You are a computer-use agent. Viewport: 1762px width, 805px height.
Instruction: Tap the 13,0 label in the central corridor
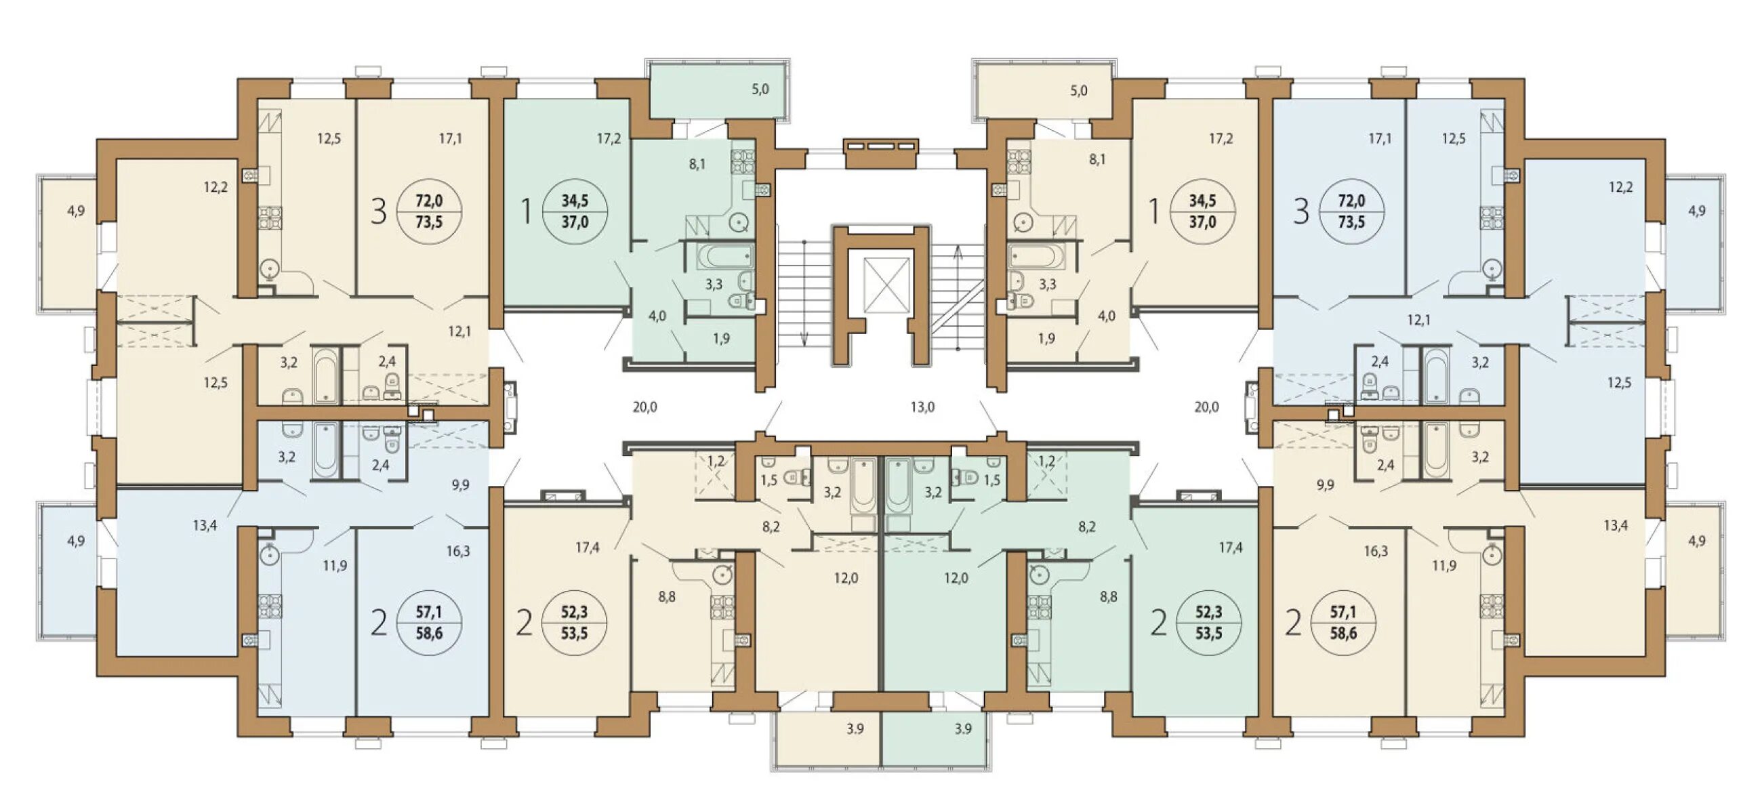pyautogui.click(x=922, y=408)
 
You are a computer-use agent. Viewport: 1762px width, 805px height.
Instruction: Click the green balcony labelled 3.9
pyautogui.click(x=936, y=739)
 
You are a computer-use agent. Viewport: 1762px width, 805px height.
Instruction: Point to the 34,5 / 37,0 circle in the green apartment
pyautogui.click(x=575, y=211)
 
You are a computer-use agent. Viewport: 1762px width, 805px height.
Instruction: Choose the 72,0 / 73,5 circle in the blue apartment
pyautogui.click(x=1351, y=211)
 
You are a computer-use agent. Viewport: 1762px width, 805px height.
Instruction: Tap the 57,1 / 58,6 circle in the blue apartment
pyautogui.click(x=429, y=623)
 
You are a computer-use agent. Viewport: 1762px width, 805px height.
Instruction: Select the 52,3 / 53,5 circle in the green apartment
pyautogui.click(x=1208, y=623)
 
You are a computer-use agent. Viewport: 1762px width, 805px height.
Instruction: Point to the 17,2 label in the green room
pyautogui.click(x=608, y=139)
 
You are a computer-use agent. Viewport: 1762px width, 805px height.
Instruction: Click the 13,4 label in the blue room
pyautogui.click(x=205, y=525)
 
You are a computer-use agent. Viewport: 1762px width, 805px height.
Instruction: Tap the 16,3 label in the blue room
pyautogui.click(x=457, y=552)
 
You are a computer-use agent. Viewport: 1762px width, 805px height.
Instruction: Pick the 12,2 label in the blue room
pyautogui.click(x=1620, y=187)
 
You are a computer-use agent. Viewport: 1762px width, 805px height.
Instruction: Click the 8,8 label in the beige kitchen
pyautogui.click(x=667, y=597)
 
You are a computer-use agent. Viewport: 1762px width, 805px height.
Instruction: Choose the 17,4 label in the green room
pyautogui.click(x=1231, y=547)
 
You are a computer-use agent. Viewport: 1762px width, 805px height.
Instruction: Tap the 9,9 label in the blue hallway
pyautogui.click(x=460, y=486)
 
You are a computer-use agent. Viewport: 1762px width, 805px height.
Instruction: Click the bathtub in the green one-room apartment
pyautogui.click(x=726, y=257)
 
